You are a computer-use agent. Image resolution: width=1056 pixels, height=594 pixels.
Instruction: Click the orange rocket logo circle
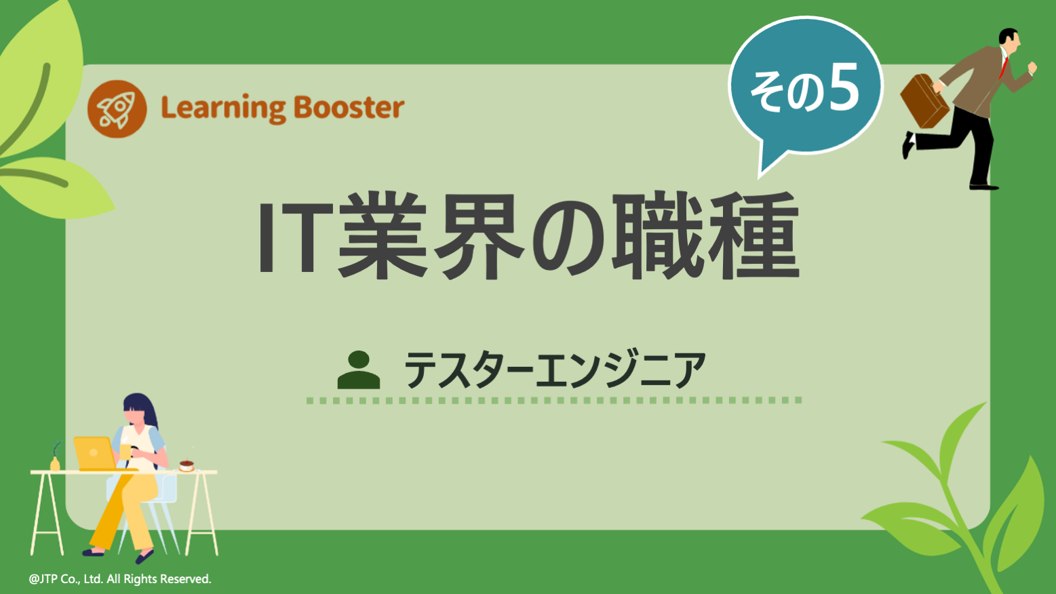[x=117, y=108]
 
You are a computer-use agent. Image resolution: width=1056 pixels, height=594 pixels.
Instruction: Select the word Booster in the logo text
[x=349, y=108]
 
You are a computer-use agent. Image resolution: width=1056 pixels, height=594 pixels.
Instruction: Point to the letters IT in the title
[x=289, y=236]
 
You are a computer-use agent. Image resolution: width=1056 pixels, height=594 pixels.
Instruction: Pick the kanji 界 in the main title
[x=480, y=236]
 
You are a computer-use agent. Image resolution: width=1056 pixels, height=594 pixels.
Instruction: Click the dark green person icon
[x=358, y=370]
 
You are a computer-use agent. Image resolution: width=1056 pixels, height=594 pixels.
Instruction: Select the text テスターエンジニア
[x=554, y=370]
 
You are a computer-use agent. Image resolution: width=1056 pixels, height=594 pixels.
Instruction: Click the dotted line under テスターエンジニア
[x=554, y=401]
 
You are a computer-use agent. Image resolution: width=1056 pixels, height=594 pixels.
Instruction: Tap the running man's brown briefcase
[x=923, y=101]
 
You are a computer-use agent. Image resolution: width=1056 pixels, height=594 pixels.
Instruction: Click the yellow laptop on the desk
[x=94, y=453]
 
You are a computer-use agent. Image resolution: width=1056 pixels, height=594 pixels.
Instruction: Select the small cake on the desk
[x=187, y=465]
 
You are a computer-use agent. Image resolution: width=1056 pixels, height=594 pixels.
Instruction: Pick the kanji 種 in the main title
[x=754, y=236]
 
